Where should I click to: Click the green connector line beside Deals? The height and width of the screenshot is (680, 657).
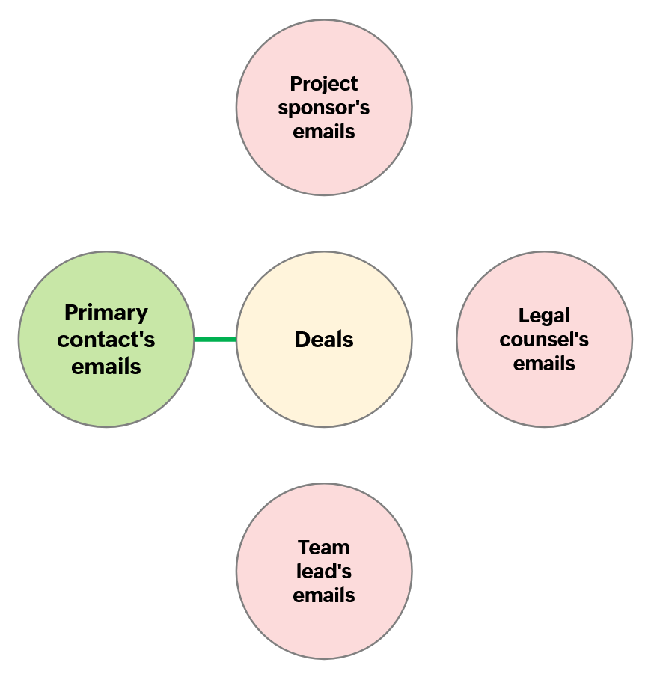216,340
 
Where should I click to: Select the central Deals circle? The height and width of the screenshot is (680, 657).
324,374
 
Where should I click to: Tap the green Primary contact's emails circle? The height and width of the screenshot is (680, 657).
106,396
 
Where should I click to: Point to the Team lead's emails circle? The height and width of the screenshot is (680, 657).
324,628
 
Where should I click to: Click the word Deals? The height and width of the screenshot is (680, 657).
324,340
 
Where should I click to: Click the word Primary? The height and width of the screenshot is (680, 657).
106,313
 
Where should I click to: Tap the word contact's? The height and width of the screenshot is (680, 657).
106,340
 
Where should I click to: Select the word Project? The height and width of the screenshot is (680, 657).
324,84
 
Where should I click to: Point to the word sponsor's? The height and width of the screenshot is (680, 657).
324,108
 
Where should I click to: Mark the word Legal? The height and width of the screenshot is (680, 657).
544,316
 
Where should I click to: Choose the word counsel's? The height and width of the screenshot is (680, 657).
544,340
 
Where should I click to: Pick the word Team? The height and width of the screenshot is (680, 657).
324,548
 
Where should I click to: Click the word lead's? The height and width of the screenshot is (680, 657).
324,572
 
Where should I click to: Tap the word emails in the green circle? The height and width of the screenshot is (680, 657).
106,367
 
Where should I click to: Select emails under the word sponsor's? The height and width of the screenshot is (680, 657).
324,132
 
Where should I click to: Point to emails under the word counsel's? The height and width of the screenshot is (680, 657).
544,364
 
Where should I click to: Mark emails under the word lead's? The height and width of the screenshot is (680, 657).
324,595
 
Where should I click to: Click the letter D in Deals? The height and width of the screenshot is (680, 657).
302,340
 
